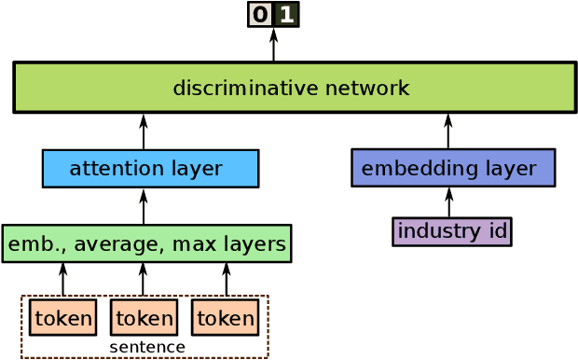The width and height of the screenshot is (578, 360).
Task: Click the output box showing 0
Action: point(260,15)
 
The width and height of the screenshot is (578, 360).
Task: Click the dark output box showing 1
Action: point(286,15)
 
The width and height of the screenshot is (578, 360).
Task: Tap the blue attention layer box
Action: point(150,169)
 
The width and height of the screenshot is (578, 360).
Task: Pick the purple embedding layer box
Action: point(453,168)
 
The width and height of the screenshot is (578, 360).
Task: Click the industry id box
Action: point(452,231)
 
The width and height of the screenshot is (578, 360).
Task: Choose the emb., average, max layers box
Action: point(146,243)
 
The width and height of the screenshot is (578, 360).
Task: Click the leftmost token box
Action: point(62,318)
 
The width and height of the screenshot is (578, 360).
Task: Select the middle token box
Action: point(144,318)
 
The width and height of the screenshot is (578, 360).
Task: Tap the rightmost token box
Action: point(226,318)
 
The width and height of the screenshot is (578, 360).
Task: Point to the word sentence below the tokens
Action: point(147,348)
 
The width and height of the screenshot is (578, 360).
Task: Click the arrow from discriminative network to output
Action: point(274,45)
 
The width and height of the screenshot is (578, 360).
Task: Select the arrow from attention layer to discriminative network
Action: point(144,132)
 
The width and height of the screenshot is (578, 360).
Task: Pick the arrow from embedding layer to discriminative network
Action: point(448,132)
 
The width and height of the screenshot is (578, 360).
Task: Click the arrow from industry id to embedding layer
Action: point(448,202)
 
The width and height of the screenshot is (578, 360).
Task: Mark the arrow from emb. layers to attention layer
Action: point(144,206)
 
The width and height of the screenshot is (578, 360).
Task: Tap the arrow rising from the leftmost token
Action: point(62,280)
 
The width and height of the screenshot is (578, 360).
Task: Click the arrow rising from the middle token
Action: point(143,280)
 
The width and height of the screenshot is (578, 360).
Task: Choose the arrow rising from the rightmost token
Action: point(226,280)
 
